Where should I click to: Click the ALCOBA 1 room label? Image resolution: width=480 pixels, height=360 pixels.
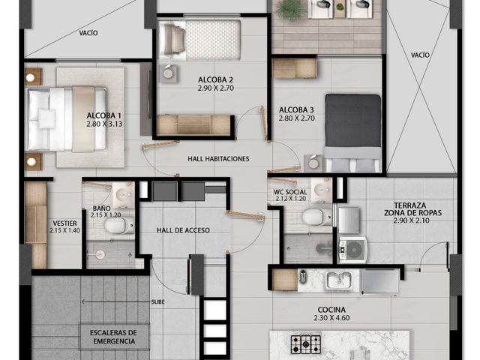[103, 115]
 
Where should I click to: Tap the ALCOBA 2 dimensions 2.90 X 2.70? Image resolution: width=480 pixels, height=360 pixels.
[216, 88]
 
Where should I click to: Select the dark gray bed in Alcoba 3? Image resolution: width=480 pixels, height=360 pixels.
[353, 133]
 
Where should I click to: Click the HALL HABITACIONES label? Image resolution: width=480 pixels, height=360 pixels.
[218, 159]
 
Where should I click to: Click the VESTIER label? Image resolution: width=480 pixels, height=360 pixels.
[65, 223]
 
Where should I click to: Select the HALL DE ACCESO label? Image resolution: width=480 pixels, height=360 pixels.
[183, 230]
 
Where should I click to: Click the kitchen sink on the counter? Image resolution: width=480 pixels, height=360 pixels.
[338, 280]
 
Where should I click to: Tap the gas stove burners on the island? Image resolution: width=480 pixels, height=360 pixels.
[306, 344]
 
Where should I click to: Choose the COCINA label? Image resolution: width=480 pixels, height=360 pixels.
[331, 310]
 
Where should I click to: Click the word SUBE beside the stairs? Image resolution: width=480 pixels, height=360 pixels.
[158, 302]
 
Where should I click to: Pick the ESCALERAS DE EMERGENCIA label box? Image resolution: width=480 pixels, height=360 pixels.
[114, 337]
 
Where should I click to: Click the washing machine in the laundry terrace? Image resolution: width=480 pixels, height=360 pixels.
[352, 250]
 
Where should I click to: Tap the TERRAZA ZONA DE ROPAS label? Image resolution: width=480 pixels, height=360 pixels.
[412, 209]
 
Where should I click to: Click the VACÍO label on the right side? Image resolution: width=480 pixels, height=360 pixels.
[420, 55]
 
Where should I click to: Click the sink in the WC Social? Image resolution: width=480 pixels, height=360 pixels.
[321, 190]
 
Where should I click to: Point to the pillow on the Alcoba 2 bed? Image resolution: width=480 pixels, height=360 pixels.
[174, 40]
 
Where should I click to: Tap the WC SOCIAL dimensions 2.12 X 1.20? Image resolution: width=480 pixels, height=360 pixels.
[290, 199]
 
